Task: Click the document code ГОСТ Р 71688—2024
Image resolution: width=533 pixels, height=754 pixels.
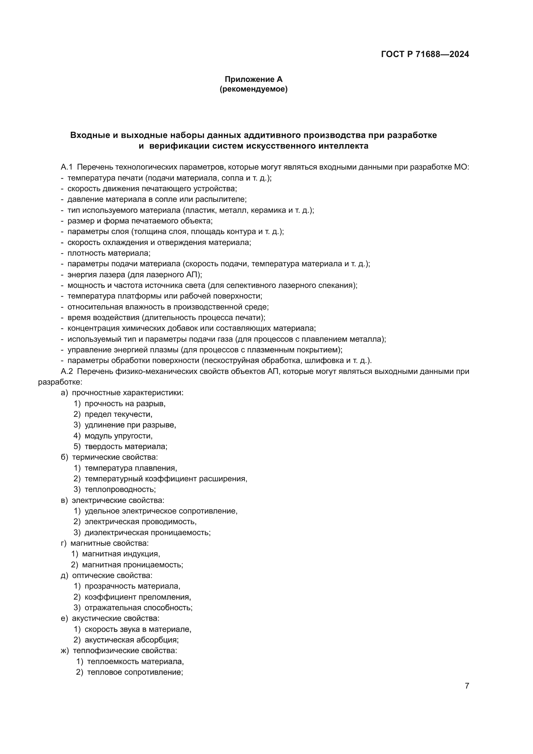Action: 425,54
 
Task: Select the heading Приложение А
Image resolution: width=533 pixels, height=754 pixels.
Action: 253,79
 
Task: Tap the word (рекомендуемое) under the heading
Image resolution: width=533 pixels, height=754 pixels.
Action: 253,89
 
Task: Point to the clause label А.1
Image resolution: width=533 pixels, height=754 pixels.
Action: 67,167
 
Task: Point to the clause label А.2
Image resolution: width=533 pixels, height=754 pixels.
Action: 67,371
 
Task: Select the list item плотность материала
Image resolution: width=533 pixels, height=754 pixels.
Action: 109,253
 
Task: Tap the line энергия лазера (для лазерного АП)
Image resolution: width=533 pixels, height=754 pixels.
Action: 135,275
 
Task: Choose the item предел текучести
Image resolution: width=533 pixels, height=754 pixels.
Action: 118,415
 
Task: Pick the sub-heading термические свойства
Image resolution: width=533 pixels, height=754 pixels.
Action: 114,457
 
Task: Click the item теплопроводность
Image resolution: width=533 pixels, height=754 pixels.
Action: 120,489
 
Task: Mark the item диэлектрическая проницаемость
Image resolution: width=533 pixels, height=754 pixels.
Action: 147,532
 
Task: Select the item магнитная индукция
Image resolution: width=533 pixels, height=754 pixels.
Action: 121,554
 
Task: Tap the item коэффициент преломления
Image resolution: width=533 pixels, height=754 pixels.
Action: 138,597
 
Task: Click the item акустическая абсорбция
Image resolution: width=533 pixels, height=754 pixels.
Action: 131,640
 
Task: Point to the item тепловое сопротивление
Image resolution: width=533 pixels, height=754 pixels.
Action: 135,672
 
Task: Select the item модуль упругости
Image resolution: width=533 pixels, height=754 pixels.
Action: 119,436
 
